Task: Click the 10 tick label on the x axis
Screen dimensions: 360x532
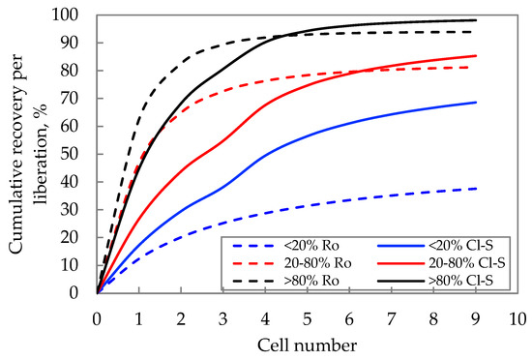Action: click(517, 316)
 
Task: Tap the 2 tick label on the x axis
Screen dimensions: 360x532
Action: click(181, 316)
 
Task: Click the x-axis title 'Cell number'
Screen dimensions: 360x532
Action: click(307, 345)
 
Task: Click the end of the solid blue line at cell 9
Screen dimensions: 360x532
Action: click(476, 103)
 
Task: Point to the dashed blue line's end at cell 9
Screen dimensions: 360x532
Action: click(476, 188)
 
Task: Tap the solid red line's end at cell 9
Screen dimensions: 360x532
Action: click(476, 55)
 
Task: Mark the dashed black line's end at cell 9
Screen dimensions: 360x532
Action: click(476, 32)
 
